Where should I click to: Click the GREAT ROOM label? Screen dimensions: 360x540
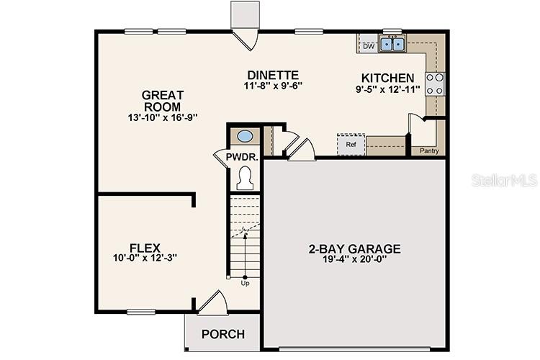coord(163,101)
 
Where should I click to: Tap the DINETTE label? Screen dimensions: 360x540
coord(272,75)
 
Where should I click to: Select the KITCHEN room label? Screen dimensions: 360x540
coord(387,78)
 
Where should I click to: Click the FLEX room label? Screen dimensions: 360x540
coord(145,246)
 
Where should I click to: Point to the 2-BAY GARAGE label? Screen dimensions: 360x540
coord(354,249)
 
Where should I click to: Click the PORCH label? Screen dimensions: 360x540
coord(222,334)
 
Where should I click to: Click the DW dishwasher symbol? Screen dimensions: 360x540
coord(369,46)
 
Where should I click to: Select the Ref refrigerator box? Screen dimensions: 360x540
coord(351,144)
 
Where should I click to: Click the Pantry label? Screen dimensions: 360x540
coord(429,152)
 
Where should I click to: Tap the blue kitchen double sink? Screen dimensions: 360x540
coord(393,45)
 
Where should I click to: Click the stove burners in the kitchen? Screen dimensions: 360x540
coord(434,84)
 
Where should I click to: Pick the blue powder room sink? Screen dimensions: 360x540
coord(245,135)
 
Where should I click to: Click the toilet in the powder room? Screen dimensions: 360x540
coord(245,176)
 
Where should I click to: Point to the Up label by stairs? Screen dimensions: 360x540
coord(246,283)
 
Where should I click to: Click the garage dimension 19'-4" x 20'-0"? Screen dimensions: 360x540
coord(354,261)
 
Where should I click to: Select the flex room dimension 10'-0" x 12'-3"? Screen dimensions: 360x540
coord(145,258)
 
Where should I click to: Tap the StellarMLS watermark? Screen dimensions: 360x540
coord(504,179)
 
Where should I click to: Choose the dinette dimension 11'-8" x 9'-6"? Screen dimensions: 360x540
coord(272,86)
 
